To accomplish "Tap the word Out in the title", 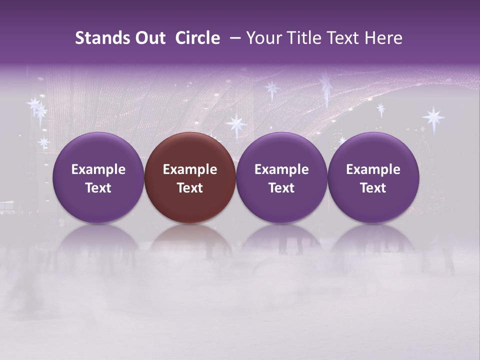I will pos(149,38).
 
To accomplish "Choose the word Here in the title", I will pos(383,38).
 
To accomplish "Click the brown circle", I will pos(190,177).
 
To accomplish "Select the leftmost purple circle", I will pos(98,177).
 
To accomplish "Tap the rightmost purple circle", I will pos(373,177).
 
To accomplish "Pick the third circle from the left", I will pos(281,177).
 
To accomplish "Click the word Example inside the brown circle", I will pos(190,169).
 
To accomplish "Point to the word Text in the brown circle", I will pos(190,188).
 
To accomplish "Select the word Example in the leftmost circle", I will pos(98,169).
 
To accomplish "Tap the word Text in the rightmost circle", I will pos(373,188).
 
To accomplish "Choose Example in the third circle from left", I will pos(281,169).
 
